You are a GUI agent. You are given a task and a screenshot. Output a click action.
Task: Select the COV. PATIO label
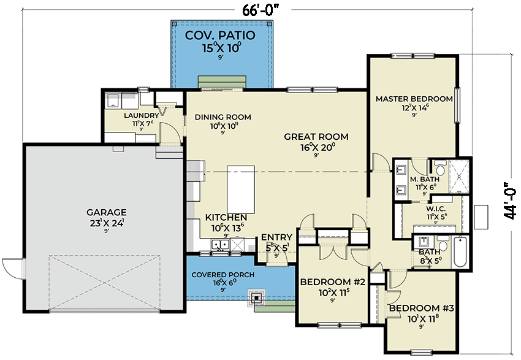pos(221,35)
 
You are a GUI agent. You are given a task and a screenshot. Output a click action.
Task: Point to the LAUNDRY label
pos(142,115)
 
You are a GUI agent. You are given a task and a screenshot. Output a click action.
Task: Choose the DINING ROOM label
pos(222,117)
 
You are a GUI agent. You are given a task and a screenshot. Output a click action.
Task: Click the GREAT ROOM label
pos(316,137)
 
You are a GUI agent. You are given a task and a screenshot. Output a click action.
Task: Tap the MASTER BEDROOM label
pos(414,99)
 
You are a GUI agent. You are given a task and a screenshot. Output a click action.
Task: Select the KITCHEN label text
pos(226,218)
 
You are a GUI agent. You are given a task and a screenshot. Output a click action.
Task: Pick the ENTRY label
pos(276,237)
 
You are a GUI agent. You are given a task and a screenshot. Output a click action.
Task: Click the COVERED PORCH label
pos(222,275)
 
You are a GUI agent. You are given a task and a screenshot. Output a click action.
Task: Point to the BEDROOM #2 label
pos(332,282)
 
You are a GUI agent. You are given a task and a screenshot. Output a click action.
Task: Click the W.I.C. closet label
pos(436,209)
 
